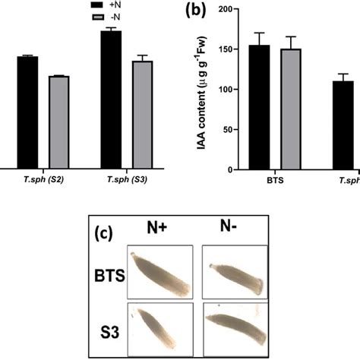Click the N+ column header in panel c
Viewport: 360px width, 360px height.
click(157, 226)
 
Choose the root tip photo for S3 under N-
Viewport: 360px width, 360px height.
click(234, 328)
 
